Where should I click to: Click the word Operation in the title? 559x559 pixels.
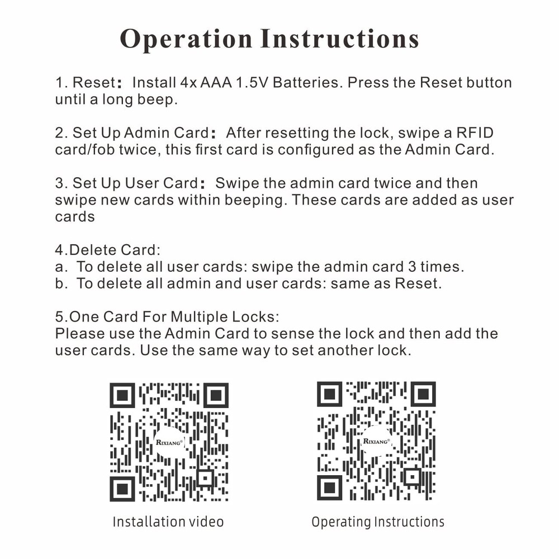point(186,39)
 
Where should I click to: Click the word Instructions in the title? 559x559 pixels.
point(340,39)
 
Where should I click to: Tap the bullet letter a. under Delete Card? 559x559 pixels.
point(61,267)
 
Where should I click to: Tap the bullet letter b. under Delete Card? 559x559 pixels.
point(61,283)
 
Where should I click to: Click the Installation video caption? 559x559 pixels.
point(168,522)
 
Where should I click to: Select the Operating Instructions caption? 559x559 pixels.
point(378,522)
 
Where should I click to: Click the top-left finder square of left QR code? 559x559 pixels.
point(122,395)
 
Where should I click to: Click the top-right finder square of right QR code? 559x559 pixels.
point(423,394)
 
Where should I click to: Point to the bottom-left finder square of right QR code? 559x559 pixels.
point(329,488)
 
